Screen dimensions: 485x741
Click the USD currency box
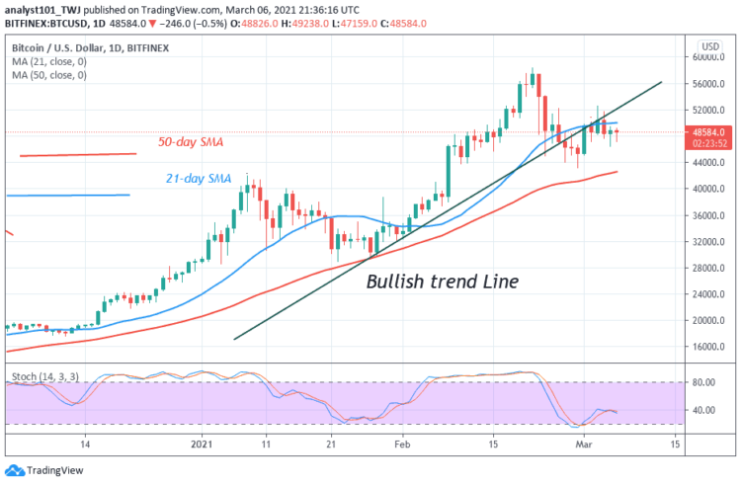click(x=708, y=46)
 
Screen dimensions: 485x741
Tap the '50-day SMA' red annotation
click(x=191, y=142)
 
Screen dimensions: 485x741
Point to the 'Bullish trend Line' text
click(x=442, y=282)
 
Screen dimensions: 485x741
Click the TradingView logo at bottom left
click(x=32, y=470)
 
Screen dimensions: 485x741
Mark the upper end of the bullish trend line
click(x=661, y=82)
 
